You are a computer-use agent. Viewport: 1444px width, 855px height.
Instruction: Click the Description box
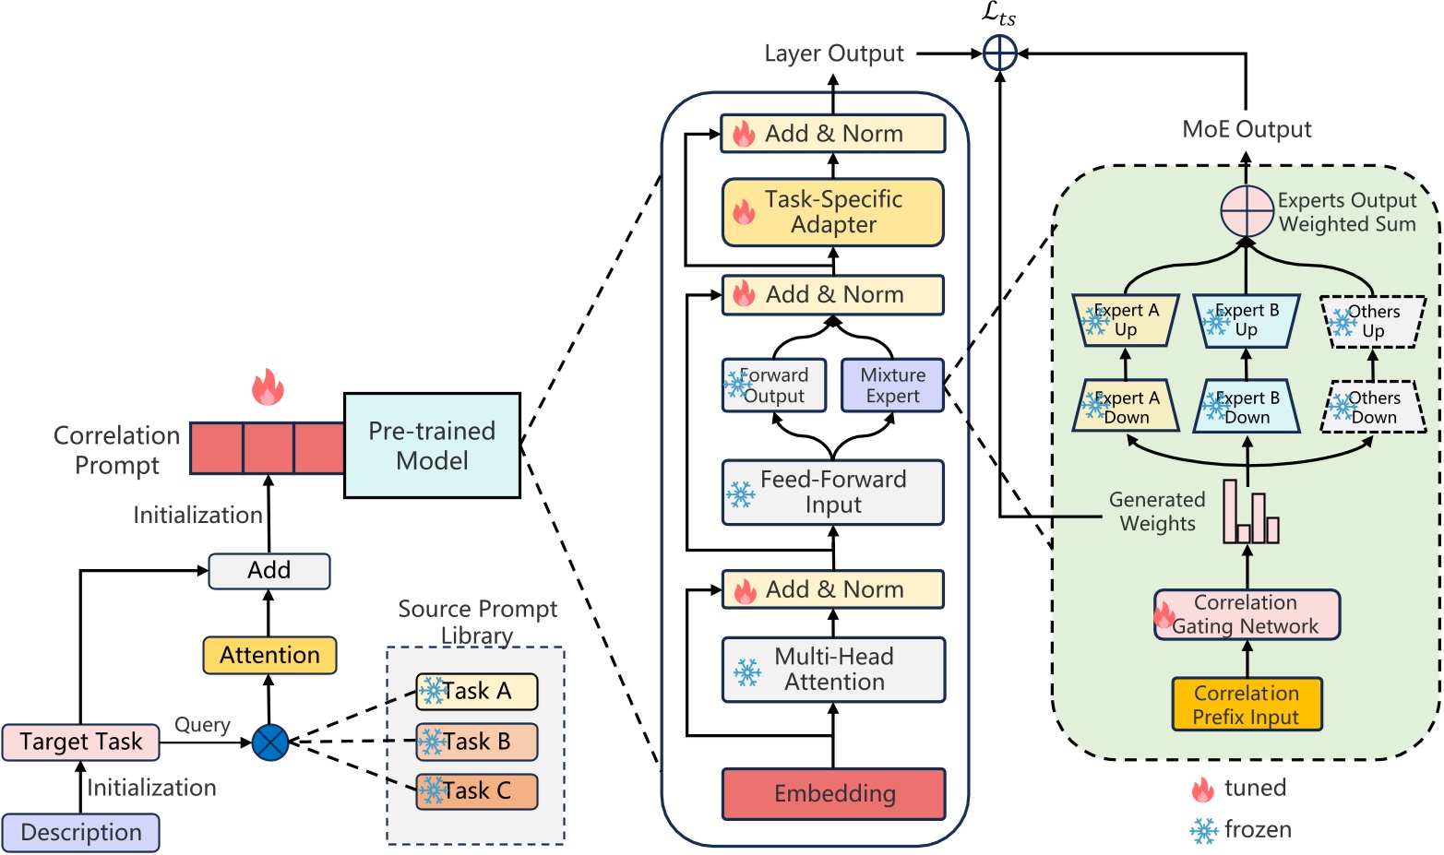pos(80,832)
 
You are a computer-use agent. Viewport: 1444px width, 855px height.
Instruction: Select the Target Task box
pos(80,742)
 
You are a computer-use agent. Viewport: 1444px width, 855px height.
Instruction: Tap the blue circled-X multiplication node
pos(270,742)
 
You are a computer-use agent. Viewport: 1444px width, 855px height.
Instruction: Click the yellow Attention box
pos(269,655)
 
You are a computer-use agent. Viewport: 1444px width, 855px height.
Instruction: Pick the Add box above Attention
pos(269,570)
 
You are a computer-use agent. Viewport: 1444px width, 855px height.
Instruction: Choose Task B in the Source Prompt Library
pos(476,742)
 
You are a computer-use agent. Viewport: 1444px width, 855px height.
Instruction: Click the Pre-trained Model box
pos(432,445)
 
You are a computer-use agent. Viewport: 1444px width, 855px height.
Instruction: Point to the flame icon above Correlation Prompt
pos(268,386)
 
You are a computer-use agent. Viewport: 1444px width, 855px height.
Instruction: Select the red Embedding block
pos(833,793)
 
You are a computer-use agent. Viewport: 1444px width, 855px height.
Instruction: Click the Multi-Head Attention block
pos(833,670)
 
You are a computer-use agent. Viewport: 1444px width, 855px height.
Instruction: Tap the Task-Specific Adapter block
pos(833,212)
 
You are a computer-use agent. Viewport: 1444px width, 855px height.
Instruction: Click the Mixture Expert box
pos(892,386)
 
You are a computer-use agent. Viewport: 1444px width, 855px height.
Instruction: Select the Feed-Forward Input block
pos(833,493)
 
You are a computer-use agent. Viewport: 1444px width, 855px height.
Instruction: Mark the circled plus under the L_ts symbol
pos(999,53)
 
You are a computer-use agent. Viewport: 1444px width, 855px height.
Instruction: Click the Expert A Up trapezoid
pos(1126,320)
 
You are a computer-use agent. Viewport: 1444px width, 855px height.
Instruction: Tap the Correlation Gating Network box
pos(1247,614)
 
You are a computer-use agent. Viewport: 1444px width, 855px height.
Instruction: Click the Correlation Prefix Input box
pos(1247,705)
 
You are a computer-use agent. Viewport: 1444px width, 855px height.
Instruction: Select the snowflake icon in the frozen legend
pos(1203,830)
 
